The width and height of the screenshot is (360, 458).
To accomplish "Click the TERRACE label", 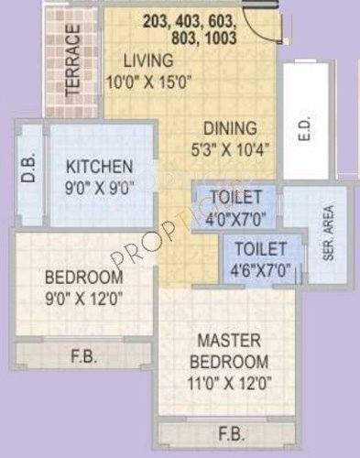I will pyautogui.click(x=74, y=58).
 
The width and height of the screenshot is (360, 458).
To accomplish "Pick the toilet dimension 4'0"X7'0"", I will pyautogui.click(x=236, y=217).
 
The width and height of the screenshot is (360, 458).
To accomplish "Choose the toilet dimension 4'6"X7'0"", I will pyautogui.click(x=262, y=269).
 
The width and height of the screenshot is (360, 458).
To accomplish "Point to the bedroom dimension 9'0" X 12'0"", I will pyautogui.click(x=83, y=297).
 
